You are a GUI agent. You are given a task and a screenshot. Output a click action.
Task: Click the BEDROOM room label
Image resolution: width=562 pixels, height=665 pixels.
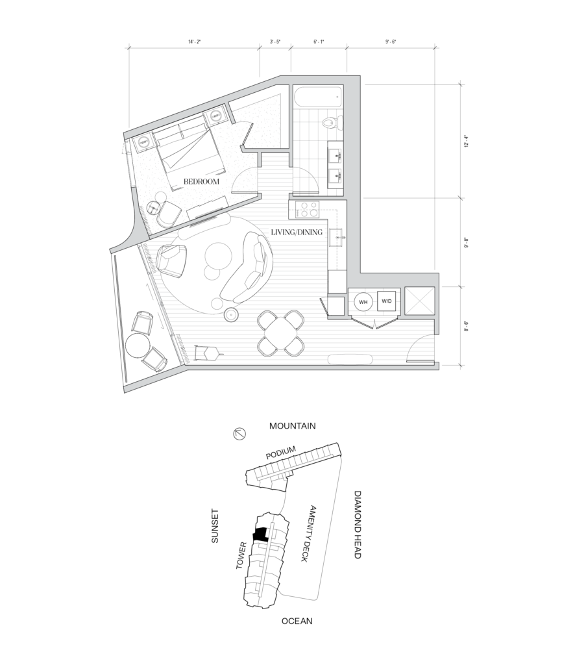[x=201, y=182]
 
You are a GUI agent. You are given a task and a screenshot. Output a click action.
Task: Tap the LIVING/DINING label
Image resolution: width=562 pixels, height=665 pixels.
[x=297, y=232]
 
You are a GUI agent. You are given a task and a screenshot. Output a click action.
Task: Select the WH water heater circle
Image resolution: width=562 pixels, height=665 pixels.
[x=363, y=302]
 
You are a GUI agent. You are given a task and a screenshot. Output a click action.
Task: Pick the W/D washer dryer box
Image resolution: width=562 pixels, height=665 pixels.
[x=387, y=301]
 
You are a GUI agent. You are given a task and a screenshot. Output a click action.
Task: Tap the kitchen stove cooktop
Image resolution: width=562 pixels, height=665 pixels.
[x=307, y=209]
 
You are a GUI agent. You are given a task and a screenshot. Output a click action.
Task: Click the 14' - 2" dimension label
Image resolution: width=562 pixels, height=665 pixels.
[x=194, y=42]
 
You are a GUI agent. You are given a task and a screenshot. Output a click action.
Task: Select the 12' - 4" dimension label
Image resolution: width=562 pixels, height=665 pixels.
[x=466, y=141]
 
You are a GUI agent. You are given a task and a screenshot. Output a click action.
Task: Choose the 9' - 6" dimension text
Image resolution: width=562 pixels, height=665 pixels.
[x=391, y=42]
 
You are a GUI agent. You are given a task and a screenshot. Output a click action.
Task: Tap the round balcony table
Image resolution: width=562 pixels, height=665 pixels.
[x=138, y=345]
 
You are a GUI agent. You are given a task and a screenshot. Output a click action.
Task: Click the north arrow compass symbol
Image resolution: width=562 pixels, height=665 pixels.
[x=239, y=434]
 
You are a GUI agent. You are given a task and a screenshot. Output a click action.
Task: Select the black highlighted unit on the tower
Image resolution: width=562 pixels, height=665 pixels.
[x=260, y=534]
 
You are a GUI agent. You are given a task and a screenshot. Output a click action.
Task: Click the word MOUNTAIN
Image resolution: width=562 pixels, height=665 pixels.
[x=293, y=426]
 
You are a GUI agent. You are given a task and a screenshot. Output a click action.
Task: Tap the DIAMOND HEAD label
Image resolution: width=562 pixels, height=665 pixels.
[x=358, y=525]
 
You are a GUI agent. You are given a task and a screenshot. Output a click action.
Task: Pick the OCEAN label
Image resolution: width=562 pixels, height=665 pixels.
[x=297, y=621]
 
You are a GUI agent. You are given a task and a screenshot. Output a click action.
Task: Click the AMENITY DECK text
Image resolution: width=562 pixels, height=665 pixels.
[x=308, y=534]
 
